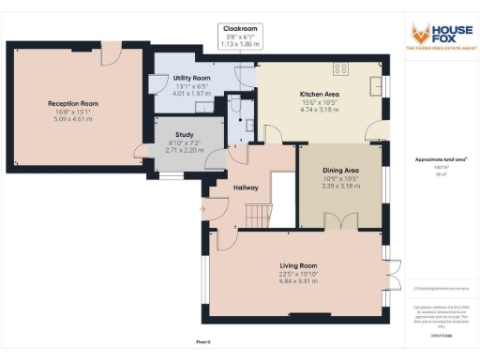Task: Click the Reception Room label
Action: tap(73, 103)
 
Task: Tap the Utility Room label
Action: tap(192, 78)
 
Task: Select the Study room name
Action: tap(184, 134)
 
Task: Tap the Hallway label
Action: tap(247, 187)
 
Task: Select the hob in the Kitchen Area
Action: tap(339, 68)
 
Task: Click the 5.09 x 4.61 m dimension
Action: tap(73, 119)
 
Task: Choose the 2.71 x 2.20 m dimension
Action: tap(184, 149)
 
